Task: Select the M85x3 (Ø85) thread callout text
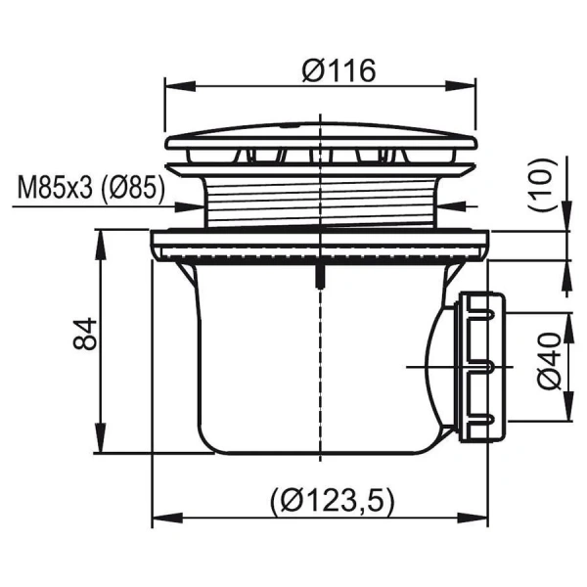[90, 188]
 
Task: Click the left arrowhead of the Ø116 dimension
[172, 86]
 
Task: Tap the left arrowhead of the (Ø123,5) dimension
[161, 518]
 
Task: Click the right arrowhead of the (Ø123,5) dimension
[479, 518]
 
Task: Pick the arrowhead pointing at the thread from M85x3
[196, 206]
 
